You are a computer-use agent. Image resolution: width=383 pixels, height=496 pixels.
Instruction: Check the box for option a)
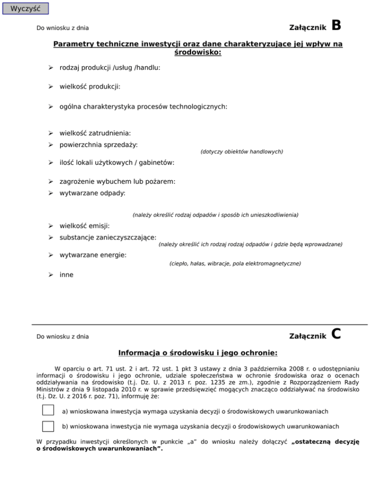pos(48,410)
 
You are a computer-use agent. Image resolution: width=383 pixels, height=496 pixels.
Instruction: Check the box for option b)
pos(48,426)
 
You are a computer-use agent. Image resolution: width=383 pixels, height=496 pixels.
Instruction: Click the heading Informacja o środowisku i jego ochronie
pos(197,353)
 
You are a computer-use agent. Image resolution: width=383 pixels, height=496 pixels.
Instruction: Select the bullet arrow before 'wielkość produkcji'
pos(50,86)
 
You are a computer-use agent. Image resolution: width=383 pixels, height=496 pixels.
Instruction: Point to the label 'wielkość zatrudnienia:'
pos(95,133)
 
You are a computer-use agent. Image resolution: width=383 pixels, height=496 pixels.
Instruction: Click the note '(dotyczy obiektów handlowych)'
pos(241,151)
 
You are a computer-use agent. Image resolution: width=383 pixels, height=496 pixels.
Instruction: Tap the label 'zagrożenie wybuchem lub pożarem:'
pos(117,182)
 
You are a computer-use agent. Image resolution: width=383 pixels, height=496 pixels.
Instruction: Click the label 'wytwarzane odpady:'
pos(92,193)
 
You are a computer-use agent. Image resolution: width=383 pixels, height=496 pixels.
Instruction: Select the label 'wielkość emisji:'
pos(84,226)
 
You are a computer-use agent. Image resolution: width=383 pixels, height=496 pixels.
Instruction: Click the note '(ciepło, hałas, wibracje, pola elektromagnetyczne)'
pos(235,263)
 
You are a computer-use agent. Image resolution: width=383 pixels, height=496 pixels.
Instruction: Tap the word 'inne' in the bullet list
pos(66,274)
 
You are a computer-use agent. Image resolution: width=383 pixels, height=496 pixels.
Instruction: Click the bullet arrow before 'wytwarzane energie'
pos(50,255)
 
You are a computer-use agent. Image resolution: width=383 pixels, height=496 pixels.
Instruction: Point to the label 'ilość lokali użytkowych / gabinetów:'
pos(117,163)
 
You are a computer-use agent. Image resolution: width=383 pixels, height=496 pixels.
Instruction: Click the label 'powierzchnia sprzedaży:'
pos(99,144)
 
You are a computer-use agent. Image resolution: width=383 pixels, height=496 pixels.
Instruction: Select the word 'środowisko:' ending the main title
pos(197,52)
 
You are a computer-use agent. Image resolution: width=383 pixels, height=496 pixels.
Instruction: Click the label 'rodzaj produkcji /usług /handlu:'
pos(110,67)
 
